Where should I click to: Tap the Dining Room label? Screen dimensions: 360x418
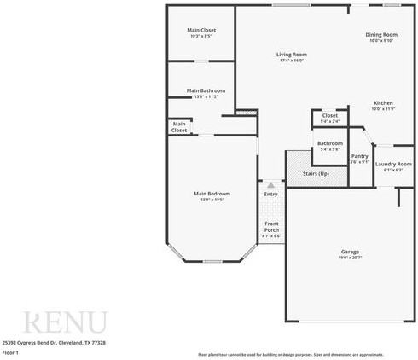381,34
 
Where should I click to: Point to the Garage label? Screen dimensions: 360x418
350,252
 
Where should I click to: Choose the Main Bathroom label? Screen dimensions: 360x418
206,90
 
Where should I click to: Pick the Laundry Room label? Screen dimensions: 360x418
393,164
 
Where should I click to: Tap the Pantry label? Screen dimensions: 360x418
360,156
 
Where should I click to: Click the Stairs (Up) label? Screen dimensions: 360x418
316,173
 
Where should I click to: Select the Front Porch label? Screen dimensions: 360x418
271,227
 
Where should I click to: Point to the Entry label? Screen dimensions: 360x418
271,194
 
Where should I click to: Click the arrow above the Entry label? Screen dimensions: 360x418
271,183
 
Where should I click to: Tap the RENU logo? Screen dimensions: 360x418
65,322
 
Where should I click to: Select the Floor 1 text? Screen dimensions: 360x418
10,351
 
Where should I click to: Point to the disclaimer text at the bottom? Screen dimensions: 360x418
303,353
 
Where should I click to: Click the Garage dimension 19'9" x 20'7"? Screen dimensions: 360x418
350,258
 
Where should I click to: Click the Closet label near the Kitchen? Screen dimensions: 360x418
330,115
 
